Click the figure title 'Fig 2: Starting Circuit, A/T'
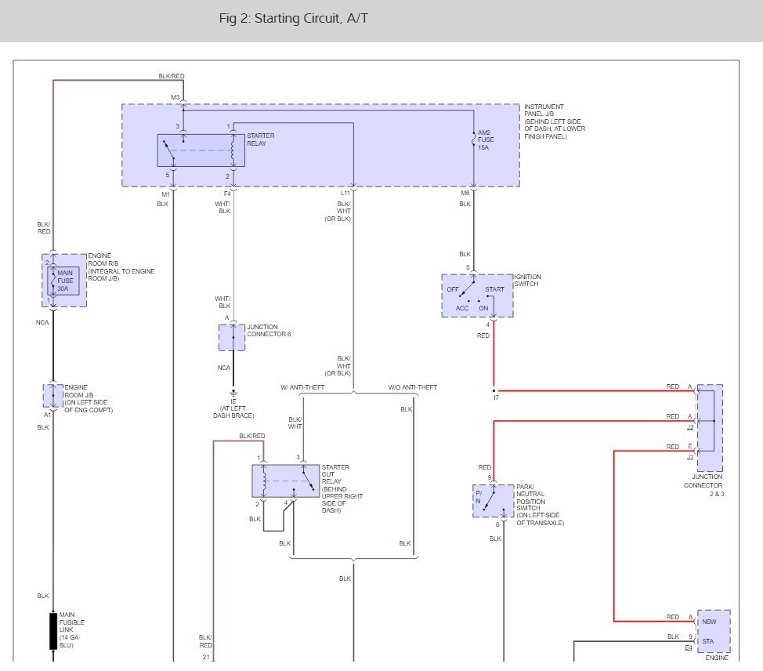click(293, 19)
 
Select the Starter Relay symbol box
click(201, 150)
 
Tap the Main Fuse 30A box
click(65, 280)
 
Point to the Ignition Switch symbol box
click(477, 296)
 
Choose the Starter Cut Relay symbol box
click(286, 481)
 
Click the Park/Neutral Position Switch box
click(493, 501)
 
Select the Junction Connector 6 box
click(233, 337)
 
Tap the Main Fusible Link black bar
click(53, 631)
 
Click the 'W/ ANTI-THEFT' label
click(302, 388)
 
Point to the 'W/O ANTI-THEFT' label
click(413, 388)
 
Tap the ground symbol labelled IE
click(233, 392)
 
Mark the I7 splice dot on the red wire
click(494, 390)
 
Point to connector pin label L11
click(345, 194)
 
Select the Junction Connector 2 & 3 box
click(710, 428)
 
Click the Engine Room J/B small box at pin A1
click(53, 396)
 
